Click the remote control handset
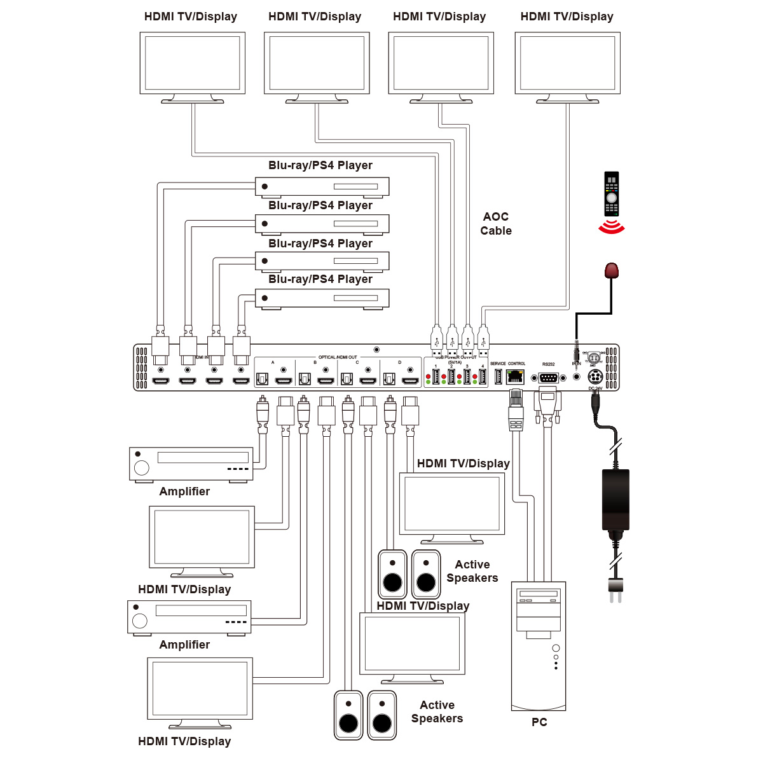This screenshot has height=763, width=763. (x=611, y=194)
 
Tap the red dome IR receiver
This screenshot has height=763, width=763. (x=611, y=270)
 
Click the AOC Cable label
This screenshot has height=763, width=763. (x=496, y=224)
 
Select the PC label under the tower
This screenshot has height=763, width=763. (x=539, y=722)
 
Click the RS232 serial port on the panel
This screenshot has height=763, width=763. (x=548, y=378)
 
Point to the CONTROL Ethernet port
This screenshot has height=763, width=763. (x=516, y=376)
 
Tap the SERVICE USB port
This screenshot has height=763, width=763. (x=498, y=376)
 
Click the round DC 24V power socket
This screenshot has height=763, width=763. (x=595, y=377)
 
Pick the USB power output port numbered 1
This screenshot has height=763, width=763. (x=436, y=377)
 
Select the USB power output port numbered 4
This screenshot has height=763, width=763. (x=483, y=377)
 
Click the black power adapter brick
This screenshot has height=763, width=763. (x=615, y=499)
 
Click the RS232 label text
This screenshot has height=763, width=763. (x=548, y=364)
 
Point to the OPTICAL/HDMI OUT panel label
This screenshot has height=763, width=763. (x=338, y=357)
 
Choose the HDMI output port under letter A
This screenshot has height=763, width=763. (x=283, y=381)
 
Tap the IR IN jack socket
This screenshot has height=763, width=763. (x=577, y=376)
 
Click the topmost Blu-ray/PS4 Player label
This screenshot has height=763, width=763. (x=320, y=165)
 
